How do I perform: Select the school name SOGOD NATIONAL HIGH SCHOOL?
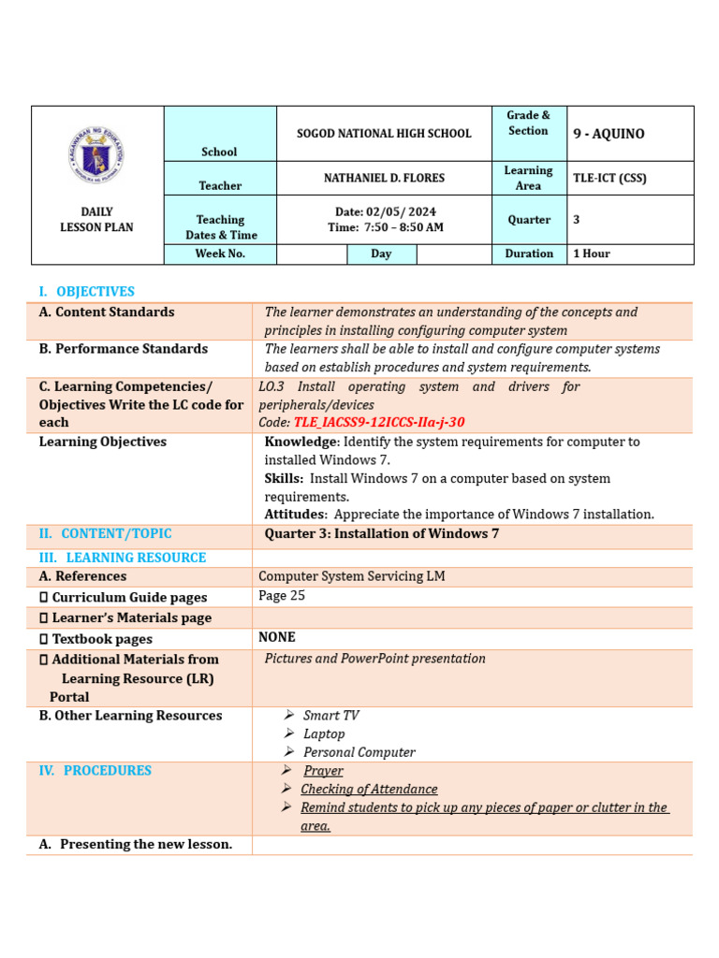(x=384, y=134)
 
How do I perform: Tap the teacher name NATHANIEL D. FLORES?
(x=384, y=178)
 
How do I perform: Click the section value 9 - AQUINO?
(x=609, y=134)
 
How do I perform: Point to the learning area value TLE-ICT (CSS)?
(x=609, y=178)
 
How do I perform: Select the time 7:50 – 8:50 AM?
(x=386, y=227)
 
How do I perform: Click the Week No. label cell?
(x=220, y=254)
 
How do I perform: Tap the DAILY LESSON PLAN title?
(x=96, y=220)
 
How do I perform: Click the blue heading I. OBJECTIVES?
(x=86, y=292)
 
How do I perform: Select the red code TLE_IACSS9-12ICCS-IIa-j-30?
(x=379, y=423)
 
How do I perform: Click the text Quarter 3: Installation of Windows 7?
(x=382, y=534)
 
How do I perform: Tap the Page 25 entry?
(x=282, y=596)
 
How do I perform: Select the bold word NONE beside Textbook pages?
(x=277, y=637)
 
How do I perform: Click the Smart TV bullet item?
(x=330, y=716)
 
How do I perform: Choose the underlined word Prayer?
(x=323, y=771)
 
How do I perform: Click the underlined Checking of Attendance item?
(x=369, y=790)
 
